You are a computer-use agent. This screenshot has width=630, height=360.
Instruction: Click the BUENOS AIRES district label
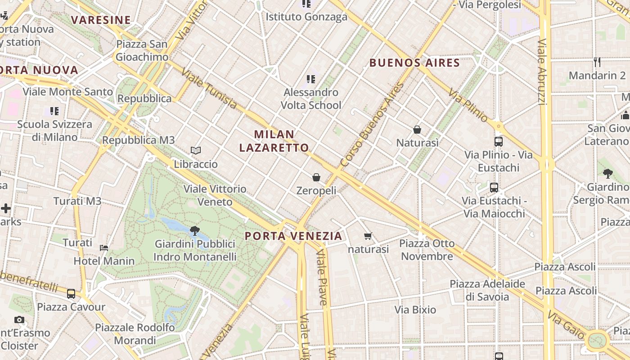point(414,63)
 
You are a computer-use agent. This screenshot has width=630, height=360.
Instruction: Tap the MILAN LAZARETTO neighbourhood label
point(274,141)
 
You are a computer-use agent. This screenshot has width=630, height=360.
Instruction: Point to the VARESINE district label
point(101,20)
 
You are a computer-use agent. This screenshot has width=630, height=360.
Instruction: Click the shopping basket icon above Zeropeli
point(316,177)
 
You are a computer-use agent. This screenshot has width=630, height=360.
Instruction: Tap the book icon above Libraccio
point(195,150)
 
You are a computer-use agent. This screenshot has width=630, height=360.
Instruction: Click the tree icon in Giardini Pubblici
point(195,231)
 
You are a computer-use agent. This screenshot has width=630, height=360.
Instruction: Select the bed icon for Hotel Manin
point(104,247)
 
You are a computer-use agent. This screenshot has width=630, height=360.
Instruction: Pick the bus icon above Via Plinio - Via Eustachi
point(498,141)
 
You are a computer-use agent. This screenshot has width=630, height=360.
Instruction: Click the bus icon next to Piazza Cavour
point(71,294)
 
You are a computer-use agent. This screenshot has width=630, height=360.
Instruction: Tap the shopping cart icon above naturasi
point(368,236)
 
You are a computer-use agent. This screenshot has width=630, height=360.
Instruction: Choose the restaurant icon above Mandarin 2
point(597,62)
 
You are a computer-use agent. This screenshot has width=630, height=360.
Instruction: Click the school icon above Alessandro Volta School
point(310,79)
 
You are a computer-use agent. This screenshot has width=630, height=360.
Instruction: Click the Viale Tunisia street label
point(209,89)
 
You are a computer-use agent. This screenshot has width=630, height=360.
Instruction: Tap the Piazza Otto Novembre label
point(427,250)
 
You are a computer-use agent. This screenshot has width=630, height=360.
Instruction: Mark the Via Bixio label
point(415,310)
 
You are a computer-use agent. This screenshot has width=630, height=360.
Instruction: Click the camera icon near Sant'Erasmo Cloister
point(19,319)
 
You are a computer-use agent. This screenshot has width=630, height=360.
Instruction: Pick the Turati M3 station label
point(77,201)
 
